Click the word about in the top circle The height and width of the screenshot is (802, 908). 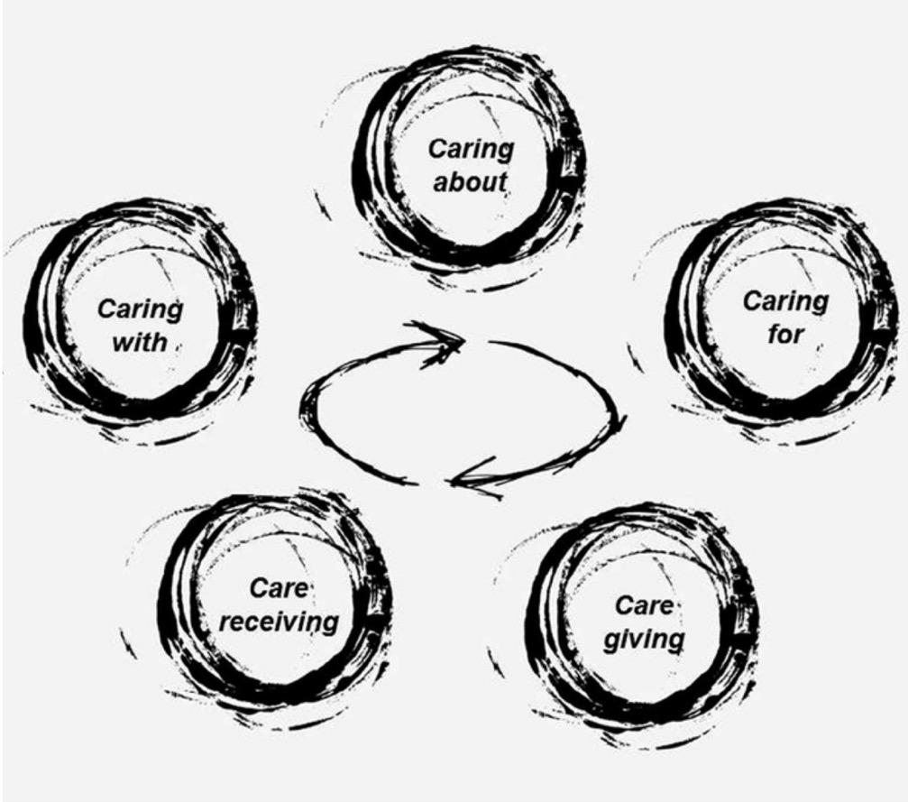click(x=470, y=181)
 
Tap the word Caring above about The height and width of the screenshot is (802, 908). click(x=470, y=149)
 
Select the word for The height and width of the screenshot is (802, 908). click(x=785, y=335)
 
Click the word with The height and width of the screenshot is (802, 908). click(x=140, y=343)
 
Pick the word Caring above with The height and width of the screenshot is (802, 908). click(x=140, y=310)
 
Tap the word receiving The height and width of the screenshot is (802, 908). click(x=280, y=622)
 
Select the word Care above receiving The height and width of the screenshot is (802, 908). click(x=279, y=589)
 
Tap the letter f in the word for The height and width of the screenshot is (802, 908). click(x=773, y=335)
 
